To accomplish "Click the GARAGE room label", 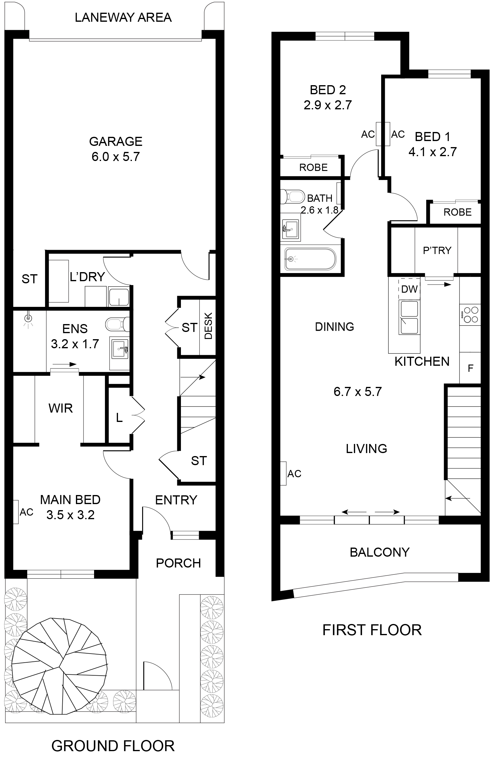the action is click(116, 141).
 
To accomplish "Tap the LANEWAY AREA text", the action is click(123, 18).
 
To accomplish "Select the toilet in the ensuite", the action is click(117, 324).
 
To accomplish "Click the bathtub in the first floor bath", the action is click(310, 259).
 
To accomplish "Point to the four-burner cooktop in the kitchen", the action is click(470, 314).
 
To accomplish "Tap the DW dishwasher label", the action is click(409, 289).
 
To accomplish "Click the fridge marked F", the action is click(470, 368).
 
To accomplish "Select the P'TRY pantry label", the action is click(437, 250).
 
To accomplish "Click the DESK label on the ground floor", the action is click(208, 326).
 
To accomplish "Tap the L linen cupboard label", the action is click(119, 417).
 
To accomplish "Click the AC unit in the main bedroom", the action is click(15, 512).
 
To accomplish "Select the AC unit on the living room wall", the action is click(283, 474).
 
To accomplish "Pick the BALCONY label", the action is click(380, 552).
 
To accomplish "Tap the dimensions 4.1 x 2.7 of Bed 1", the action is click(432, 152).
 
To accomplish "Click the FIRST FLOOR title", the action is click(372, 630).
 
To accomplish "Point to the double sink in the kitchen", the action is click(409, 317).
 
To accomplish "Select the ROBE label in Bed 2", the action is click(313, 167).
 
